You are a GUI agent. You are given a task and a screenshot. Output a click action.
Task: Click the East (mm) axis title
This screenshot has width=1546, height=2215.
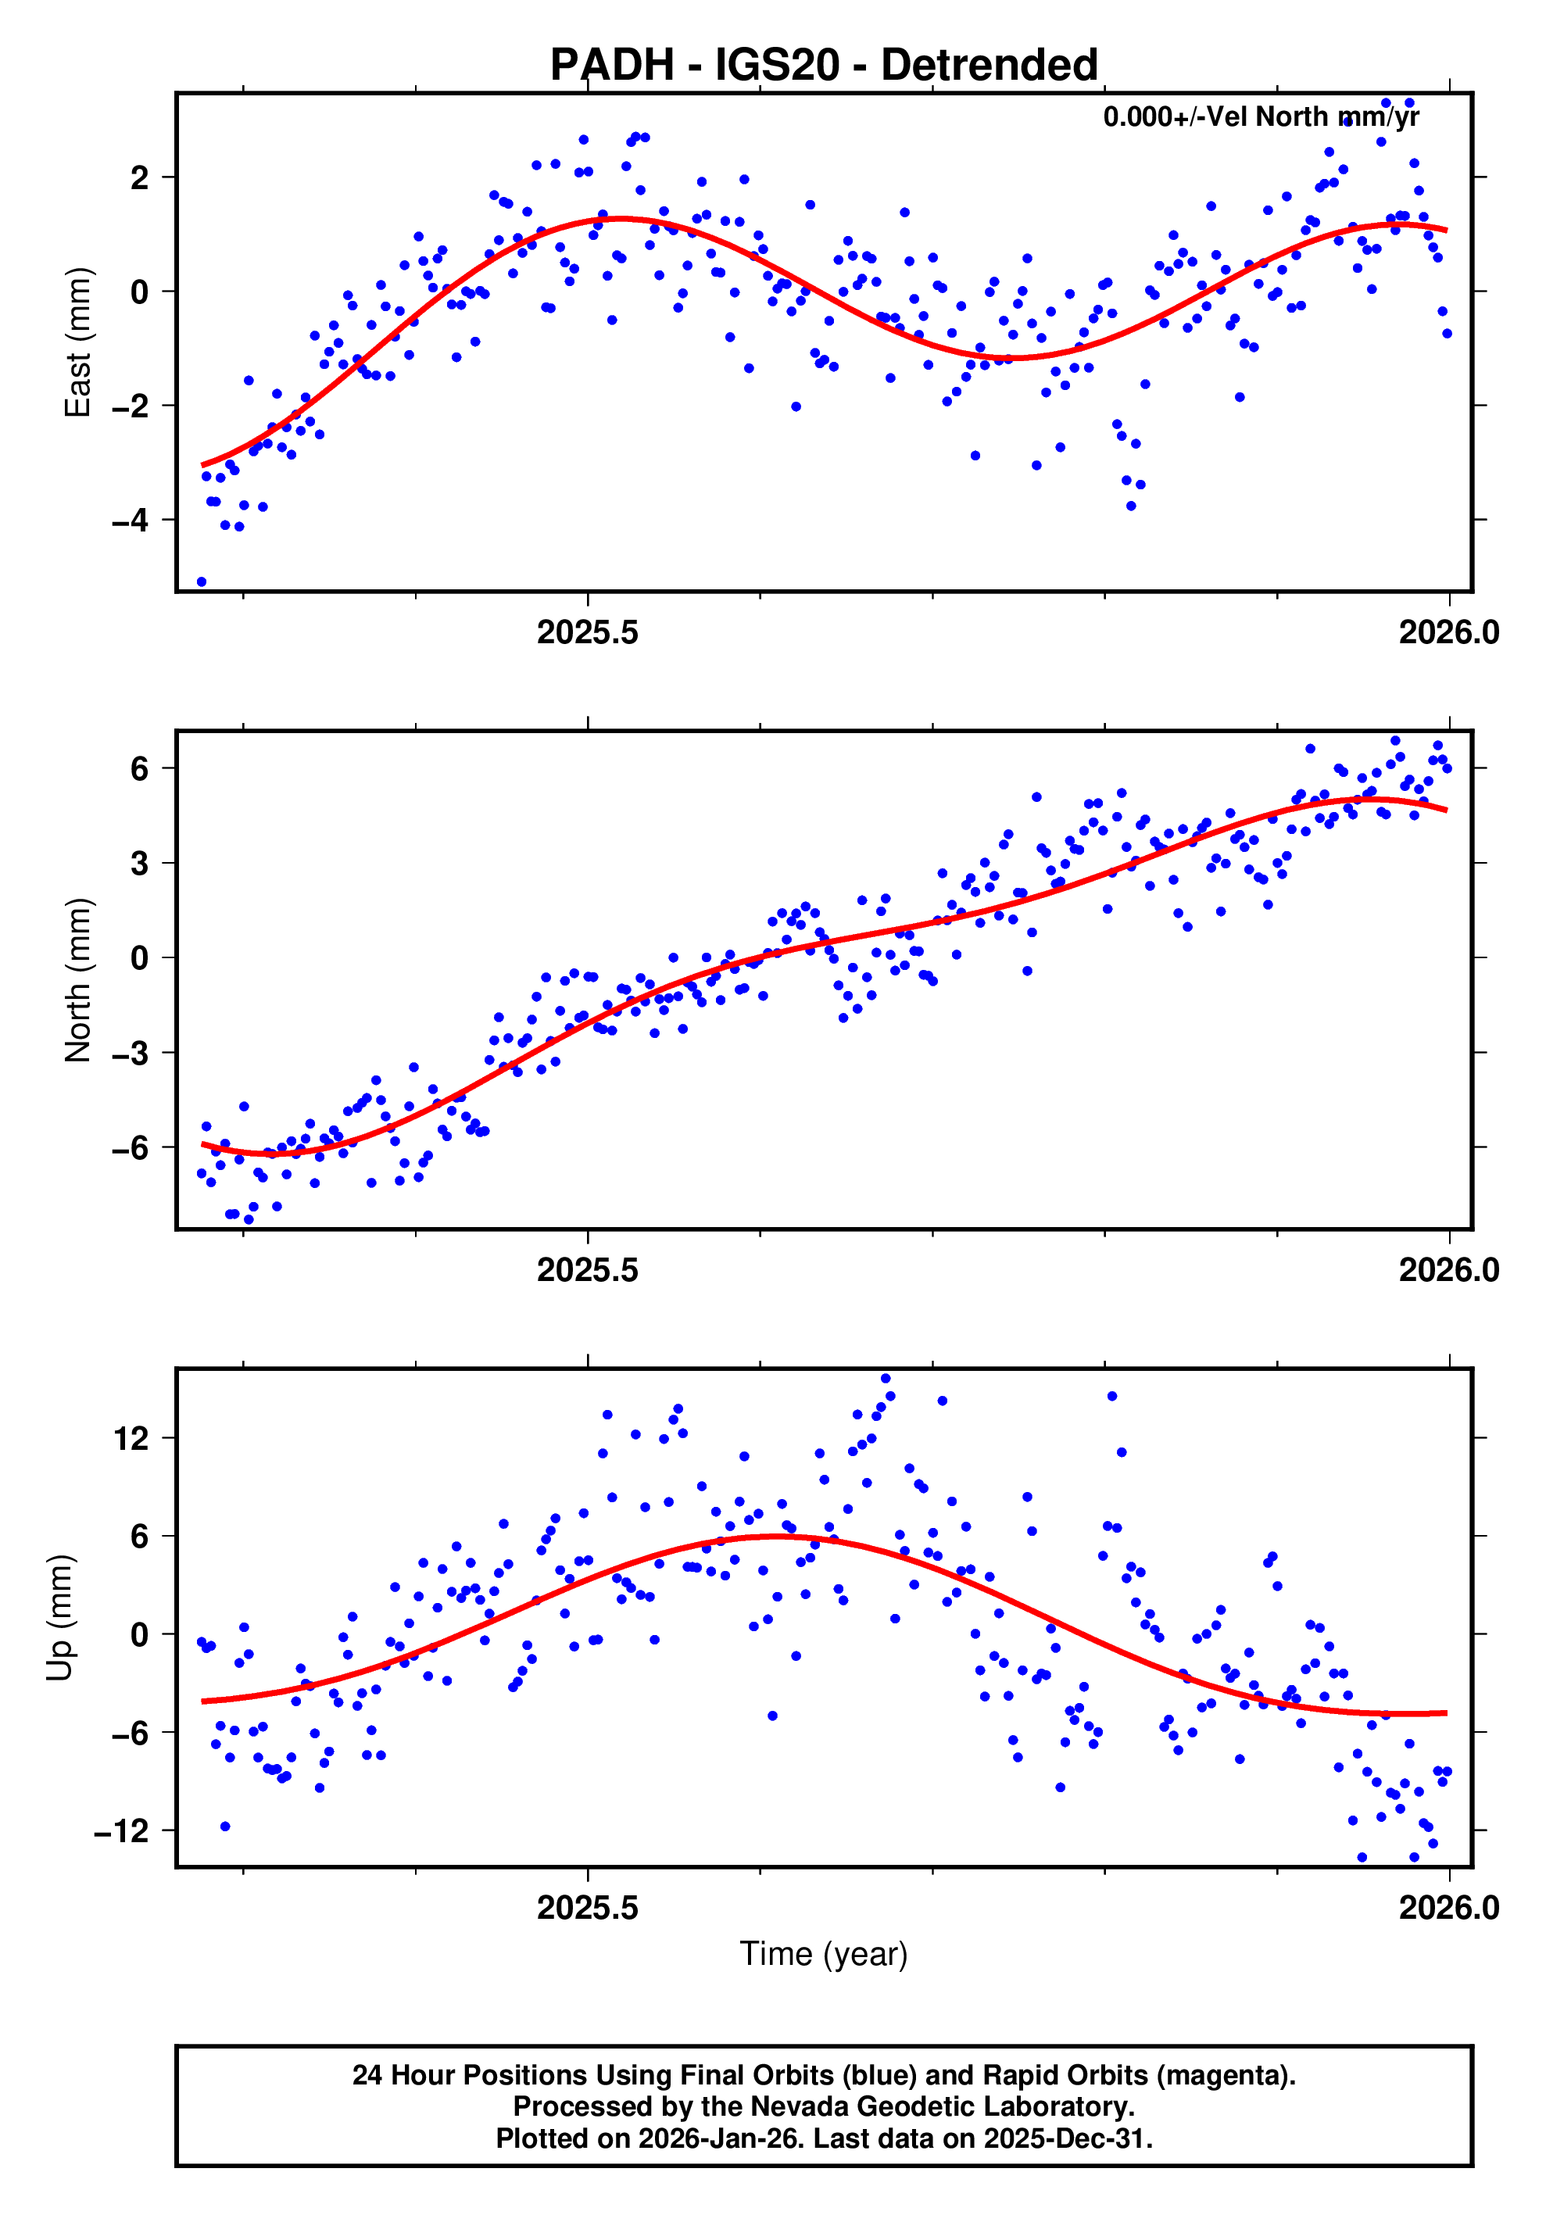[x=77, y=342]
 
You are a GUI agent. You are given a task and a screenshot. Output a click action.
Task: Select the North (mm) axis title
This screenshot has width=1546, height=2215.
[x=77, y=980]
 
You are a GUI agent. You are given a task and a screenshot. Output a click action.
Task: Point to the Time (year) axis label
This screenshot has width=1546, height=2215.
[x=823, y=1952]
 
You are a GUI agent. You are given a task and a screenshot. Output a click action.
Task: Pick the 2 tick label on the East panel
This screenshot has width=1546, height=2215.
[x=141, y=178]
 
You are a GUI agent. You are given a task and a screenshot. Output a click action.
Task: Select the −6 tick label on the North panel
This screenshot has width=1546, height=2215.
[x=131, y=1148]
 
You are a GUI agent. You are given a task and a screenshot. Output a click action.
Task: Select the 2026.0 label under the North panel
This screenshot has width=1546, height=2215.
[x=1448, y=1269]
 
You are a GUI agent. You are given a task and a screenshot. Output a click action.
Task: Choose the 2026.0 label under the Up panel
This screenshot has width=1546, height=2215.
[x=1448, y=1907]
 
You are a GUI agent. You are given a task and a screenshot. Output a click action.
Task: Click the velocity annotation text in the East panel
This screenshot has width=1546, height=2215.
[x=1261, y=116]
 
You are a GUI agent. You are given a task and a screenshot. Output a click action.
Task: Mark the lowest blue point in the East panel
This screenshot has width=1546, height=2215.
[x=202, y=581]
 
